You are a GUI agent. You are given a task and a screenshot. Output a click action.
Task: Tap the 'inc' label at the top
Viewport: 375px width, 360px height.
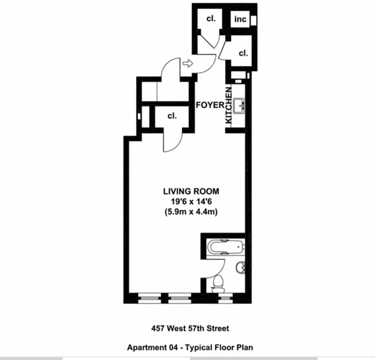coord(241,19)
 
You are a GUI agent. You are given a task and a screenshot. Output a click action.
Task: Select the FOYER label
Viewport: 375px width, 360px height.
coord(210,105)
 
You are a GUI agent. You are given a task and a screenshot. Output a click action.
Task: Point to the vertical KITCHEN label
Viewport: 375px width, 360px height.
coord(228,106)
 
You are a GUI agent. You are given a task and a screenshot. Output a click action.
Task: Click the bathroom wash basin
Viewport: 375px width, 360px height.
coord(241,267)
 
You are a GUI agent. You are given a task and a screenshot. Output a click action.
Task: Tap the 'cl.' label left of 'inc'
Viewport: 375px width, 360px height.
coord(211,19)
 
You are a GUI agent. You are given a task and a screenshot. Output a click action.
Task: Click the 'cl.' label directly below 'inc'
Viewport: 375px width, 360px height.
coord(243,53)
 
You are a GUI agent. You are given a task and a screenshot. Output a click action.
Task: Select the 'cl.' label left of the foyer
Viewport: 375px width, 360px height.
coord(172,116)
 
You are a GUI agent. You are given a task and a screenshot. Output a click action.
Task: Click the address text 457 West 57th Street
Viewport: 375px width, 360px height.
coord(187,329)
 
